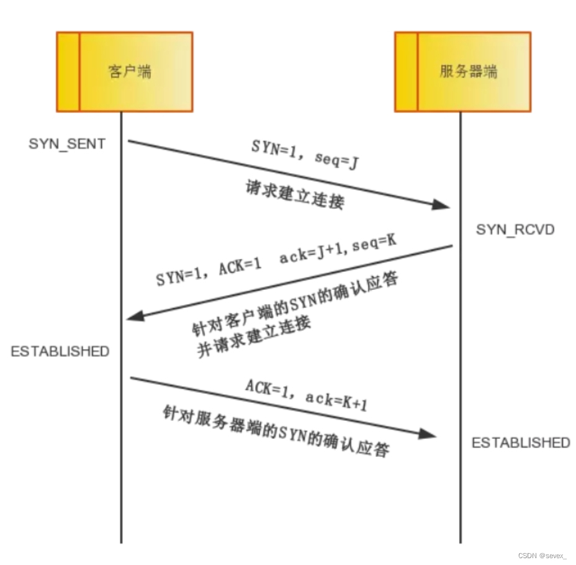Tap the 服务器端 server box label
click(469, 72)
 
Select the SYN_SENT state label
click(66, 144)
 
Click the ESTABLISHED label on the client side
click(60, 351)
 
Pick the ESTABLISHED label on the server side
click(521, 443)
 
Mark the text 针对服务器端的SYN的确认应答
click(276, 432)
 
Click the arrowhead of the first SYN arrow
click(442, 205)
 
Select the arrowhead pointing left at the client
click(134, 317)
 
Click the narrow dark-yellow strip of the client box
click(68, 72)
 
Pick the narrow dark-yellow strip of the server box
click(406, 72)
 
